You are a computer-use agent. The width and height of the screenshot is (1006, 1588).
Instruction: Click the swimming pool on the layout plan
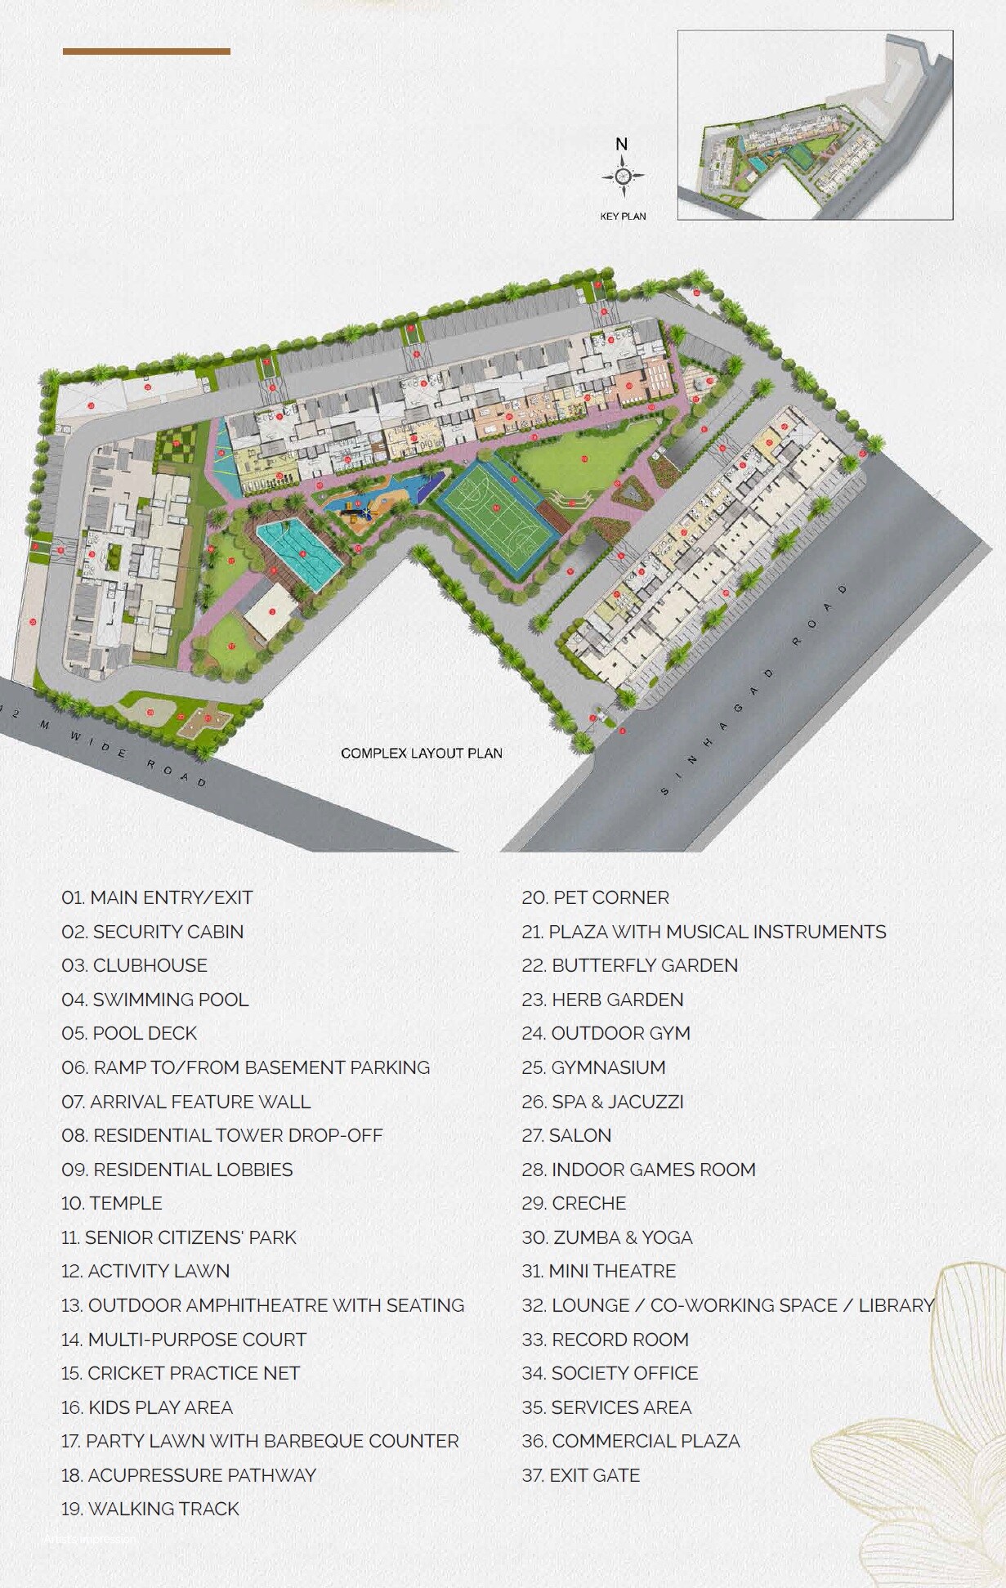(x=297, y=553)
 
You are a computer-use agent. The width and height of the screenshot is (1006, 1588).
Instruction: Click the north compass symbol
(x=622, y=176)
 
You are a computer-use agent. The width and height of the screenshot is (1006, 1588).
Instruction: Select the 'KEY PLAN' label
(x=623, y=217)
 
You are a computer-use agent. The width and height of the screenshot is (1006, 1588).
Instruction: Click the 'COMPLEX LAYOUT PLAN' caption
(x=422, y=754)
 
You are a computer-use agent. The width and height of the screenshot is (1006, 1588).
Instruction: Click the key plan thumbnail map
(x=815, y=125)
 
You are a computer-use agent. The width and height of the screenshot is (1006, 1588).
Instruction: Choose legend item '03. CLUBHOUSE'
(x=134, y=965)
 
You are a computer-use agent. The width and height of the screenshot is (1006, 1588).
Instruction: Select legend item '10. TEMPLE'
(x=112, y=1203)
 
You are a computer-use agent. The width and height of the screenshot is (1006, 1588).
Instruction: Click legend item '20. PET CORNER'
(x=595, y=897)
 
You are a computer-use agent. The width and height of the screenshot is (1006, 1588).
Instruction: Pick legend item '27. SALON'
(x=566, y=1135)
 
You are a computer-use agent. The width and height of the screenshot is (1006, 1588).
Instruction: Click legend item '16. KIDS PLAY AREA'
(x=147, y=1407)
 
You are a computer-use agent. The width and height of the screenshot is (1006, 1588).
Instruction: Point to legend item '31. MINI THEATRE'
(x=599, y=1271)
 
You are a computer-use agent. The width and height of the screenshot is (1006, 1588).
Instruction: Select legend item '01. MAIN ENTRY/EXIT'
(x=157, y=897)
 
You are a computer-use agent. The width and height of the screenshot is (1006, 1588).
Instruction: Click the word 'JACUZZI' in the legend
(x=646, y=1102)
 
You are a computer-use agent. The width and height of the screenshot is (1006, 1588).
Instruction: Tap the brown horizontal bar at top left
(x=146, y=51)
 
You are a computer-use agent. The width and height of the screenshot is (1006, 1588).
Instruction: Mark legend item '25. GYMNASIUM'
(x=593, y=1067)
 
